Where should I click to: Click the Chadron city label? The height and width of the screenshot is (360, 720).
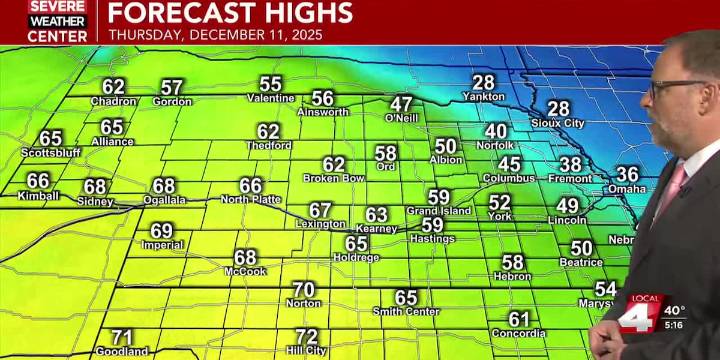click(113, 101)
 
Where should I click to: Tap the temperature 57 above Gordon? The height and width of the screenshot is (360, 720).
click(172, 87)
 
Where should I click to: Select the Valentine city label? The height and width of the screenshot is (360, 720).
click(271, 98)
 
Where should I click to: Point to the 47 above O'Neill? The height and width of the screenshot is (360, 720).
click(401, 104)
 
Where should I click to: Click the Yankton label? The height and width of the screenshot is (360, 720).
click(483, 97)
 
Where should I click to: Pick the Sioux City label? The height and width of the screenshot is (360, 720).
click(557, 122)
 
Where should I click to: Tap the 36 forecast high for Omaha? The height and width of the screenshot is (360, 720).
click(627, 174)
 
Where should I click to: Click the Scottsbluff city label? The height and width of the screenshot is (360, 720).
click(51, 153)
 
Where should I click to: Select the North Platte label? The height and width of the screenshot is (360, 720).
click(251, 200)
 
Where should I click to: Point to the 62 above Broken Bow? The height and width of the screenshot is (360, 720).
click(334, 164)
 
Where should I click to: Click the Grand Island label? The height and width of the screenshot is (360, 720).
click(438, 211)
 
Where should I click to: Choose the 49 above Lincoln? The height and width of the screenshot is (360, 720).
click(567, 205)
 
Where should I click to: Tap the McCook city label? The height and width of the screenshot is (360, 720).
click(245, 271)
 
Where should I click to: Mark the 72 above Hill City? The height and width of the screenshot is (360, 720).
click(307, 337)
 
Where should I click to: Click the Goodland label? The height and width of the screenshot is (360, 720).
click(121, 351)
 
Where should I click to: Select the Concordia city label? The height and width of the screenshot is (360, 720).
click(518, 333)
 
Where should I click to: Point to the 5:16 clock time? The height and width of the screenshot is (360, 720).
click(675, 325)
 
